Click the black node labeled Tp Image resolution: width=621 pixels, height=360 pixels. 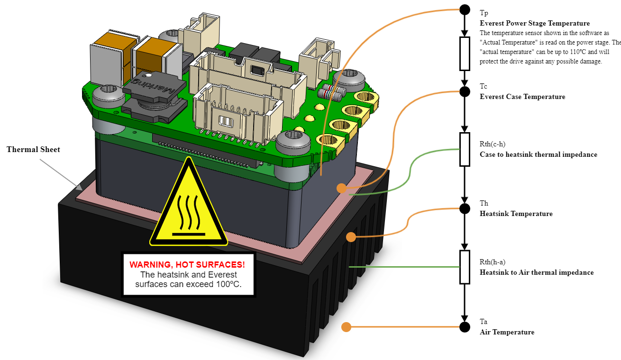coord(465,10)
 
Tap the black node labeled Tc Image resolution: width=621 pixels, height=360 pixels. coord(465,91)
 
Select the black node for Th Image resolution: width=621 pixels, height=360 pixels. coord(465,208)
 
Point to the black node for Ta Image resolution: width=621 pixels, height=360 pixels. coord(465,327)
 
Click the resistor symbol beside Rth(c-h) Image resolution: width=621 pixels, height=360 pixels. coord(465,149)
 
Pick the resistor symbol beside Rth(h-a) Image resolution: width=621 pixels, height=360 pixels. coord(465,267)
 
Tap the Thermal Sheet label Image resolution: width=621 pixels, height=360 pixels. coord(33,150)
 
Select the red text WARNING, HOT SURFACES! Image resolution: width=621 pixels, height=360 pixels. coord(187,264)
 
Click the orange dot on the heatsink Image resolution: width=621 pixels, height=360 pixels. coord(351,236)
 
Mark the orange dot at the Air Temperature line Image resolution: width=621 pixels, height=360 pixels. coord(347,327)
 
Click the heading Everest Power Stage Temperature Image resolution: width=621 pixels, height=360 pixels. coord(535,23)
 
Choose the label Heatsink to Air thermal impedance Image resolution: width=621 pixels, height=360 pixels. coord(537,272)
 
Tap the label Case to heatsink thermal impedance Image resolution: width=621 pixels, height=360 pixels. coord(539,154)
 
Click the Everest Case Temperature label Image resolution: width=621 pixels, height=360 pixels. coord(522,97)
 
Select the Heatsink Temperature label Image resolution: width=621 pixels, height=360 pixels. coord(516,214)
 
